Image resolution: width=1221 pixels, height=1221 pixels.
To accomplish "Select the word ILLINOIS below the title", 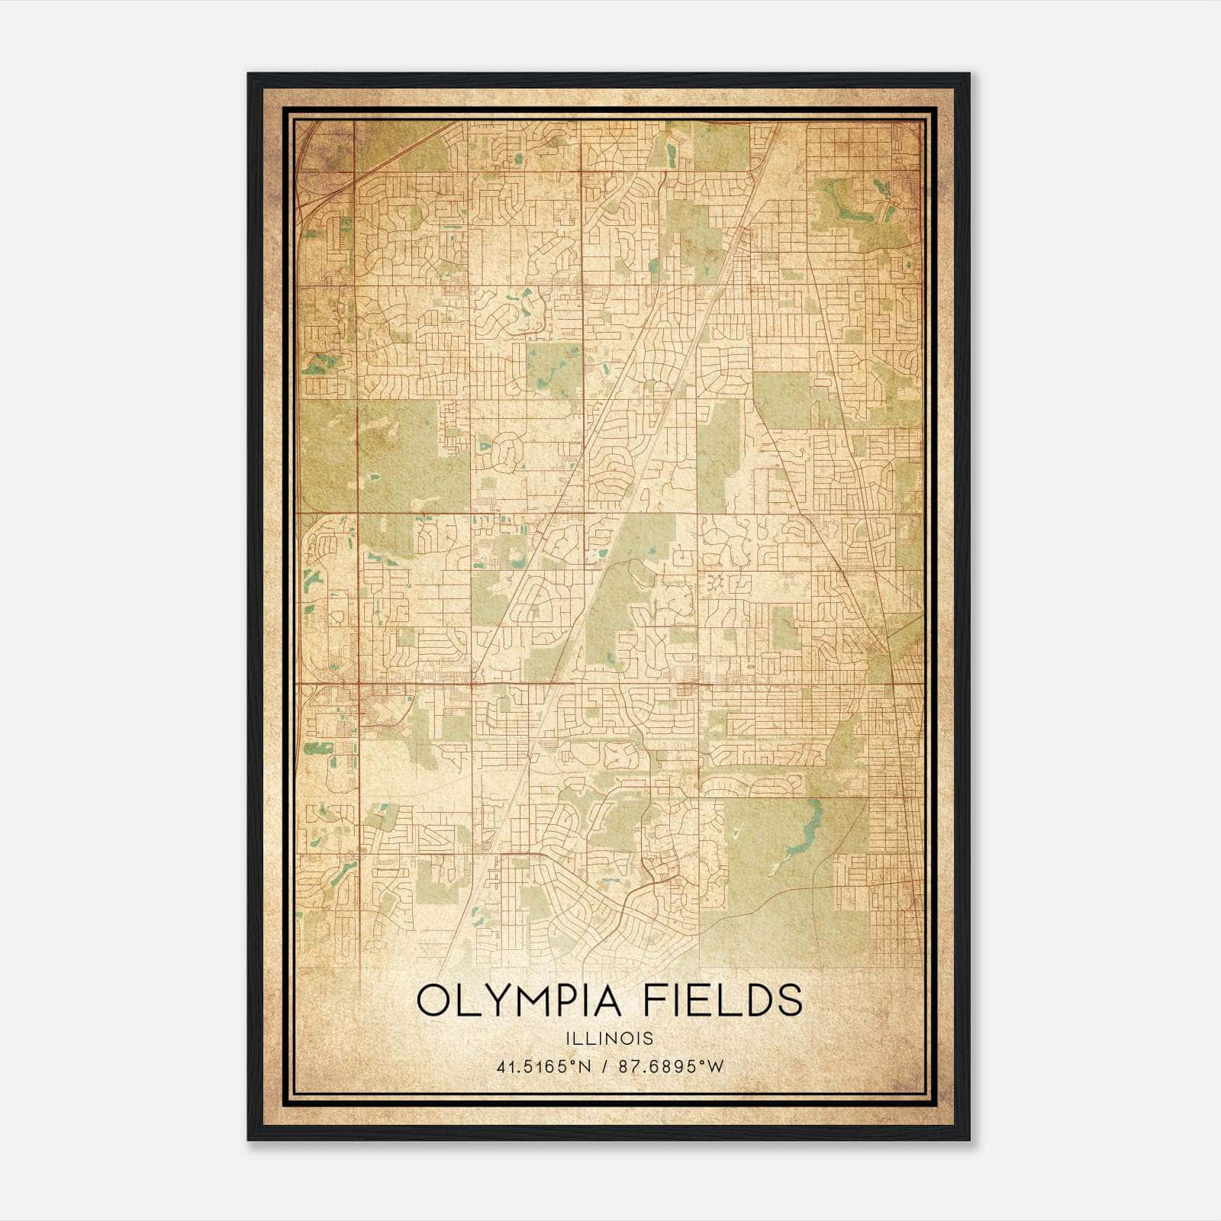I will coord(610,1039).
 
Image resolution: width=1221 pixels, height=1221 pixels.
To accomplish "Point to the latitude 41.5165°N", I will coord(544,1067).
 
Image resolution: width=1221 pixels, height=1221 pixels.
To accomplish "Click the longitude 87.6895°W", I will coord(672,1067).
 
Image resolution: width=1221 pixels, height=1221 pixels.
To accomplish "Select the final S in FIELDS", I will coord(791,1000).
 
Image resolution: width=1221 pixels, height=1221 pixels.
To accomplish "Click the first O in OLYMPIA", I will coord(433,1000).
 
